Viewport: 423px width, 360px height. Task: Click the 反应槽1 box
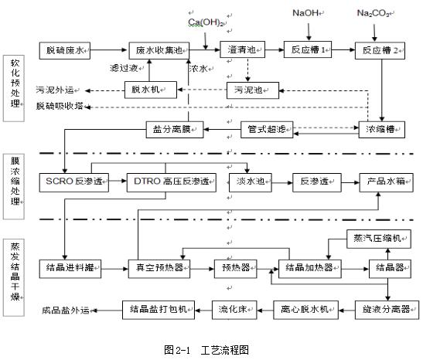(x=308, y=49)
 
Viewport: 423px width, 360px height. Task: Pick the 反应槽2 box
(x=380, y=49)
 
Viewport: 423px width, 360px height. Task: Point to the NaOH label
(x=305, y=13)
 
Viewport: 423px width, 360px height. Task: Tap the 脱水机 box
(x=146, y=90)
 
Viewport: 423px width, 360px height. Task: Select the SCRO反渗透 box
(x=67, y=182)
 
